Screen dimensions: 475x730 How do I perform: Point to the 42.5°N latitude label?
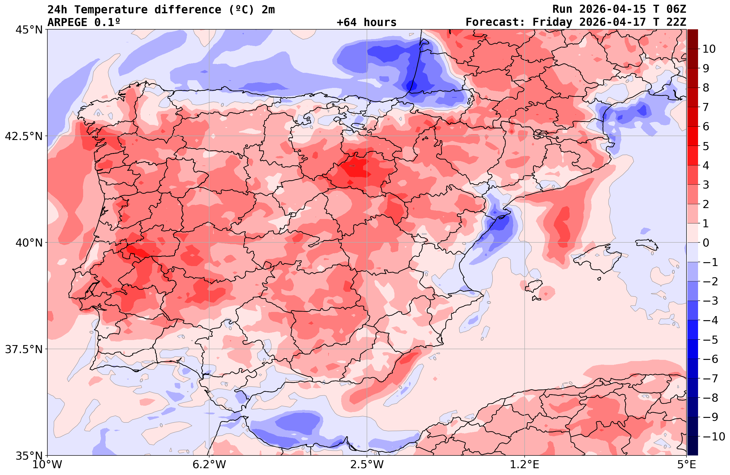[x=24, y=136]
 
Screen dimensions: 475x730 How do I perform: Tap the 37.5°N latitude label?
[x=24, y=349]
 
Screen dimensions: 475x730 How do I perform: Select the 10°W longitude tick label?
[x=47, y=464]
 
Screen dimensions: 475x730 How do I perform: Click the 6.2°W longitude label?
[x=209, y=464]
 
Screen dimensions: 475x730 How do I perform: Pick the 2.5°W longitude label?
[x=367, y=464]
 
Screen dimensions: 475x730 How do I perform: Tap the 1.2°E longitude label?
[x=525, y=464]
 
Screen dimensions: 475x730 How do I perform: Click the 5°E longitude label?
[x=686, y=464]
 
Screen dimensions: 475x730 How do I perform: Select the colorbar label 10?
[x=709, y=49]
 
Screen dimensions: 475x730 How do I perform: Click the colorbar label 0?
[x=706, y=243]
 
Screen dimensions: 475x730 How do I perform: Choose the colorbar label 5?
[x=706, y=146]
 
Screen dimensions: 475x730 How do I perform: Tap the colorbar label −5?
[x=710, y=340]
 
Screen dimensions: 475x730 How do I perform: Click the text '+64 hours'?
[x=366, y=22]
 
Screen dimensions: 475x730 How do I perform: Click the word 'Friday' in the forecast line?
[x=552, y=22]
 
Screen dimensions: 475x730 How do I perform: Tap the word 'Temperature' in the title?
[x=111, y=9]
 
